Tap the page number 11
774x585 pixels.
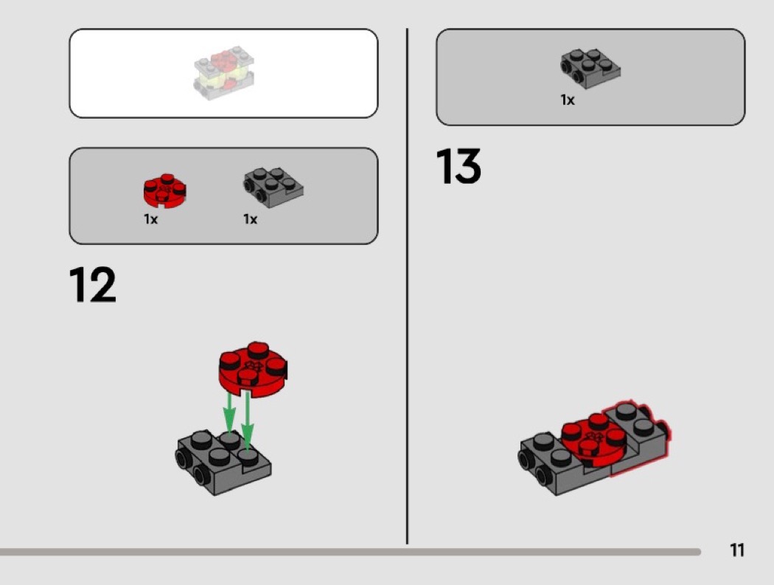click(737, 550)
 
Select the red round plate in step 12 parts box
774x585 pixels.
click(164, 190)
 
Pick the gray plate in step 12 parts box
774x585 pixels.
click(273, 187)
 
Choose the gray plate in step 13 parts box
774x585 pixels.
click(590, 68)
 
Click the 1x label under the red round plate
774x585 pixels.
click(150, 219)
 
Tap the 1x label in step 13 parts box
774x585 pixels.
click(567, 100)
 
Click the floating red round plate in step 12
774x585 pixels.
click(253, 370)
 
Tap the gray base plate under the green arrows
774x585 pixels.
click(223, 463)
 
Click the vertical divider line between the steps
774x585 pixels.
click(407, 286)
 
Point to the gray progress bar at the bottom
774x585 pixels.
click(350, 552)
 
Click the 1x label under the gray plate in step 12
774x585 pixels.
click(251, 219)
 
